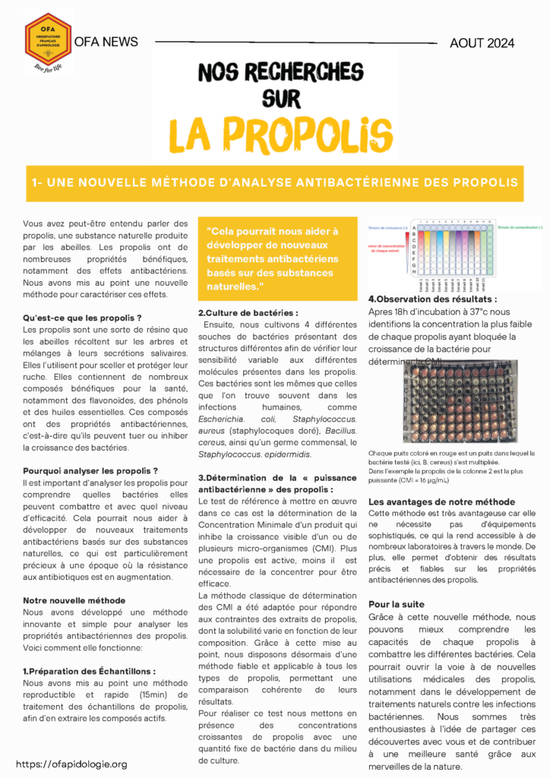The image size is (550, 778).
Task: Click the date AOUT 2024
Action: pyautogui.click(x=481, y=43)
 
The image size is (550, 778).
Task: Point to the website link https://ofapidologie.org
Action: pyautogui.click(x=71, y=764)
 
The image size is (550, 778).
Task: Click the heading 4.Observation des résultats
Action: pyautogui.click(x=432, y=299)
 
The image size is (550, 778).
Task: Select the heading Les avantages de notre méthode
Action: pyautogui.click(x=442, y=502)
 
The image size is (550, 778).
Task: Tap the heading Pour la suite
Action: pyautogui.click(x=397, y=604)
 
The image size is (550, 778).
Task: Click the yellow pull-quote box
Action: pyautogui.click(x=277, y=258)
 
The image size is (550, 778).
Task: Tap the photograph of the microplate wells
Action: pyautogui.click(x=460, y=401)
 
